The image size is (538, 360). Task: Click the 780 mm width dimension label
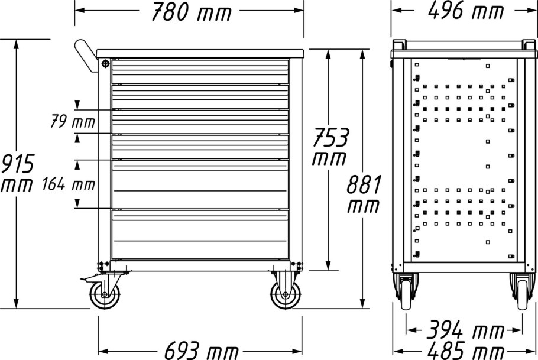coord(192,12)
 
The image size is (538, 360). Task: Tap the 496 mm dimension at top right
coord(466,10)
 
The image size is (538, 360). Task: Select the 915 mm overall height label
coord(17,173)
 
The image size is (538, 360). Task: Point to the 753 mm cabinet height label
coord(330,146)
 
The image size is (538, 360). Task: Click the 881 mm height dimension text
coord(364,194)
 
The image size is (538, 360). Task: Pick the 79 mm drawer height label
coord(72,122)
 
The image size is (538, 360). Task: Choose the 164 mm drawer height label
coord(68,184)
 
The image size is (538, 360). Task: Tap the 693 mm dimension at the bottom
coord(201,351)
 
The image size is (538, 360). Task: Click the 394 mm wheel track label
coord(465,330)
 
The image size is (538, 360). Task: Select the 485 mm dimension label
coord(466,351)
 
